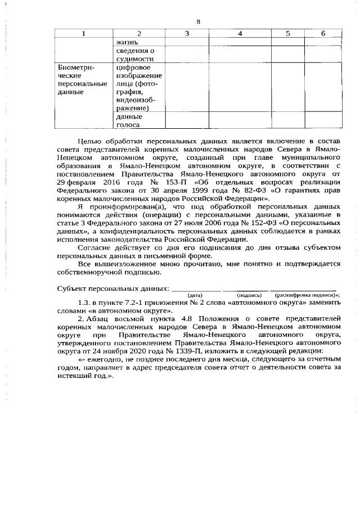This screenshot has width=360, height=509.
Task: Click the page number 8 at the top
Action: pos(199,21)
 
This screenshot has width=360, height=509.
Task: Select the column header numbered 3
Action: pos(187,34)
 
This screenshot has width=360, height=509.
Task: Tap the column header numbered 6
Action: pos(323,34)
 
